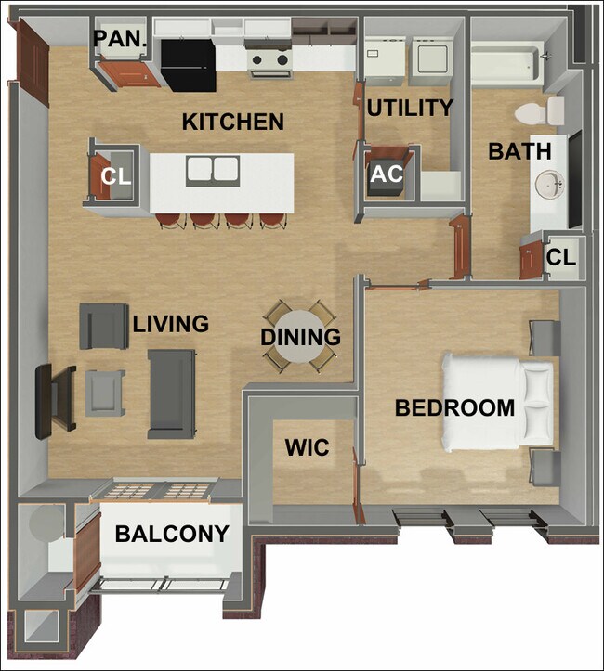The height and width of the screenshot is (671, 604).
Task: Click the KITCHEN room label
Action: pos(232,122)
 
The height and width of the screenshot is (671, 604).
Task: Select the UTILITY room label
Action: pos(410,108)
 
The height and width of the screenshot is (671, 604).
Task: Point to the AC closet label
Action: pos(387,174)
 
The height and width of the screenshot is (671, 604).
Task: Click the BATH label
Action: pos(519,150)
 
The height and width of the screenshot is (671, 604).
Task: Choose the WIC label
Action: pos(307,448)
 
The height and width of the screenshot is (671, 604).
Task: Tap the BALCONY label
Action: pos(172,534)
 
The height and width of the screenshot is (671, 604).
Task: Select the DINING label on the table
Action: pos(300,337)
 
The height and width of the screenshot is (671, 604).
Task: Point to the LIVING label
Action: pos(170,324)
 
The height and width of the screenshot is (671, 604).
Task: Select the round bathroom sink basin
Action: pos(550,185)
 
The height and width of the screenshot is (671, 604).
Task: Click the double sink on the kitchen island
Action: pos(213,170)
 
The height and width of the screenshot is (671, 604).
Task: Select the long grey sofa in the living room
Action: pos(172,393)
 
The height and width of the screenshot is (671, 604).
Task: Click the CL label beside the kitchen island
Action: pos(116,176)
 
